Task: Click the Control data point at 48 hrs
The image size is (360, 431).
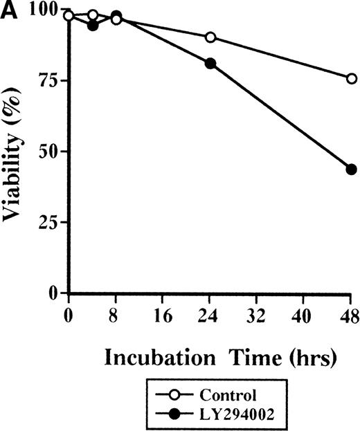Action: (351, 79)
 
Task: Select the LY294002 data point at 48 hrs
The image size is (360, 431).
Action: (351, 169)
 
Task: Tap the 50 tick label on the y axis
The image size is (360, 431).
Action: (48, 151)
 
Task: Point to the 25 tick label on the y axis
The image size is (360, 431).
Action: (48, 223)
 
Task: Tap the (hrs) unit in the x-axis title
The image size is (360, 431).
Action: (308, 358)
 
